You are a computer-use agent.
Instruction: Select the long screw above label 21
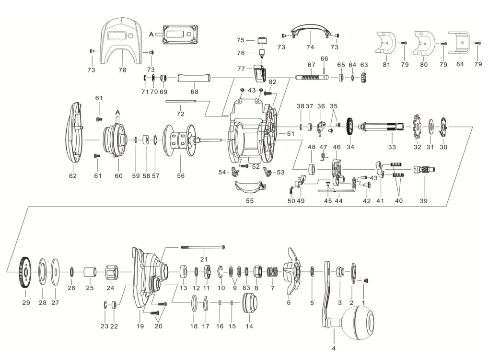tap(202, 247)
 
